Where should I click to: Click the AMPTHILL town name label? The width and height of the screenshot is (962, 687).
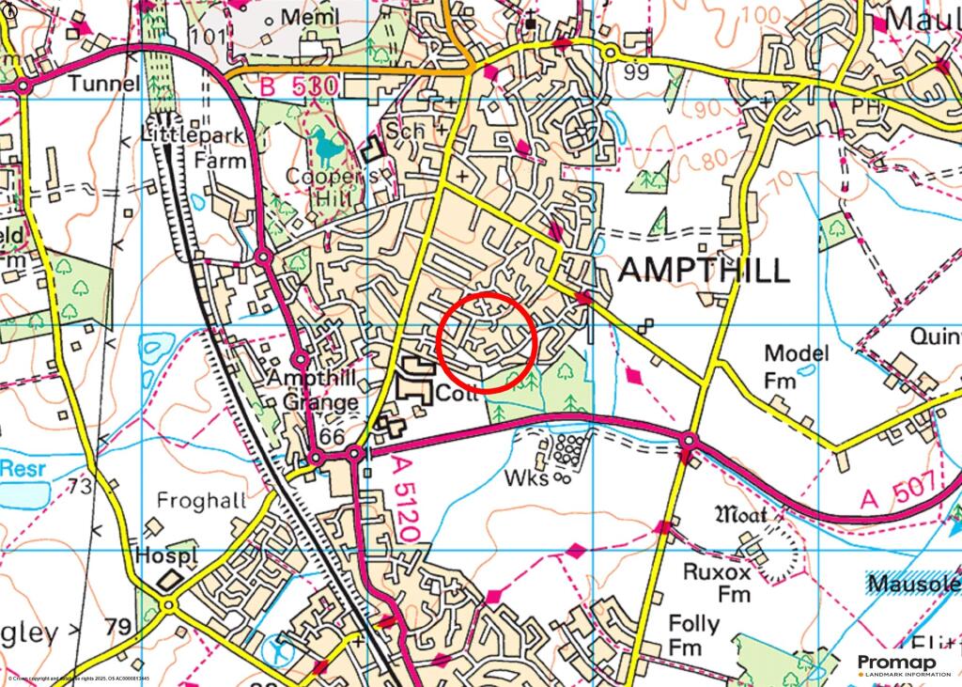[x=704, y=272]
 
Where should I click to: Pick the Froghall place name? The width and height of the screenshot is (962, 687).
[x=201, y=501]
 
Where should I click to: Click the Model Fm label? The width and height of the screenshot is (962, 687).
[x=796, y=366]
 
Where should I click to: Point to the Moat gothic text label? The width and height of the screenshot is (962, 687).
[x=741, y=514]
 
